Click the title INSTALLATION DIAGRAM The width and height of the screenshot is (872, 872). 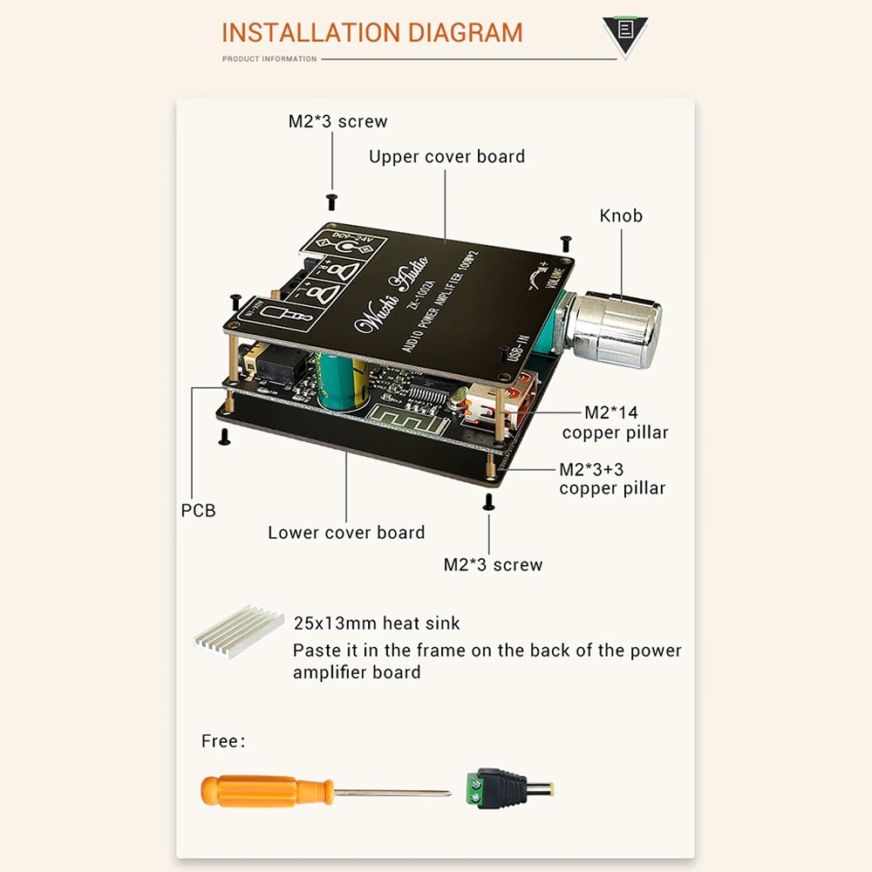(372, 33)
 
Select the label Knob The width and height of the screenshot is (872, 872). (621, 215)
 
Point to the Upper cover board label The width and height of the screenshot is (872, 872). (446, 157)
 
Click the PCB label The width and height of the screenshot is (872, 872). (198, 511)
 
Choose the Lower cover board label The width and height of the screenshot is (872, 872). (346, 533)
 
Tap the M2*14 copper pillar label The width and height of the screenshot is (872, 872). (615, 422)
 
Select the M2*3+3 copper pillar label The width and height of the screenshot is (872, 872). (612, 479)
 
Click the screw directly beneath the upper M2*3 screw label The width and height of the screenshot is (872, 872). (331, 201)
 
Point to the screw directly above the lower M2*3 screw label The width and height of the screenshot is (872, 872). (489, 501)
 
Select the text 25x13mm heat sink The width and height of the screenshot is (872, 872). (377, 623)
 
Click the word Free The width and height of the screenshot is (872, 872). (220, 741)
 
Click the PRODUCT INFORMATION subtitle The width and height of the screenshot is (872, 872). (269, 59)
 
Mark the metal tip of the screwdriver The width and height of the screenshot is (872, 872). (444, 794)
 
